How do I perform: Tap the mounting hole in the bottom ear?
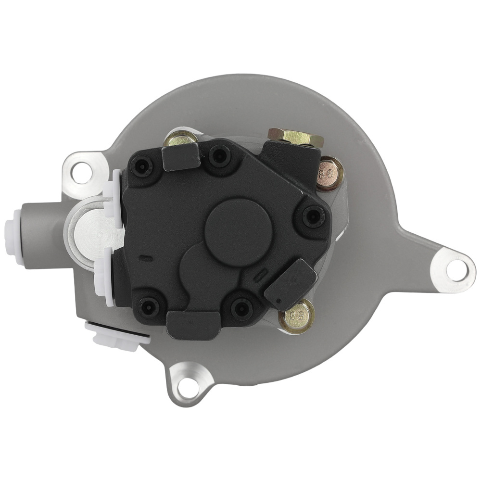(189, 384)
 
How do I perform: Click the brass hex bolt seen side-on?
(295, 137)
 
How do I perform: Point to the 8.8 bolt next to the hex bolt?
(330, 173)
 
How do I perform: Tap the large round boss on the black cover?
(238, 230)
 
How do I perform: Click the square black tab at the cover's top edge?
(181, 158)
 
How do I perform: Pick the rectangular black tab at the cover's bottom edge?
(192, 324)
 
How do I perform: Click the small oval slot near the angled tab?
(260, 275)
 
